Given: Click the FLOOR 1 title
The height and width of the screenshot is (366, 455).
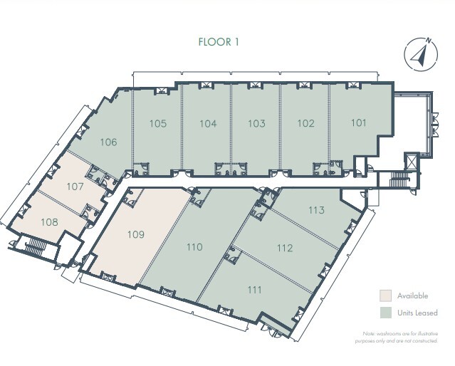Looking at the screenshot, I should click(x=219, y=41).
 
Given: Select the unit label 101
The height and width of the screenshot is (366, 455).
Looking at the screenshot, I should click(x=359, y=122).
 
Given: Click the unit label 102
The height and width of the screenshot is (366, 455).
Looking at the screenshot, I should click(x=305, y=123).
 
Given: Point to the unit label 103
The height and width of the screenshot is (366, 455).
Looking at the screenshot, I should click(x=256, y=123).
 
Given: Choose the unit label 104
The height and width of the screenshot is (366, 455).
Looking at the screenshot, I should click(x=208, y=123).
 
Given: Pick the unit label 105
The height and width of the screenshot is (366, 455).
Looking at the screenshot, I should click(x=158, y=123).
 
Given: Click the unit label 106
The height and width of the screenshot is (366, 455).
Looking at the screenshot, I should click(x=109, y=142).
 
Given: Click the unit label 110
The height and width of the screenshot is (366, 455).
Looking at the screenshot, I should click(x=194, y=248).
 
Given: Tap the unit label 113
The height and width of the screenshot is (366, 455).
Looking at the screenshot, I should click(x=317, y=210).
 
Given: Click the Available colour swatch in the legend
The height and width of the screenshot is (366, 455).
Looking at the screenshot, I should click(x=385, y=295).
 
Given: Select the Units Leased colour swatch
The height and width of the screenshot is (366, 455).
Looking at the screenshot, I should click(x=385, y=312).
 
